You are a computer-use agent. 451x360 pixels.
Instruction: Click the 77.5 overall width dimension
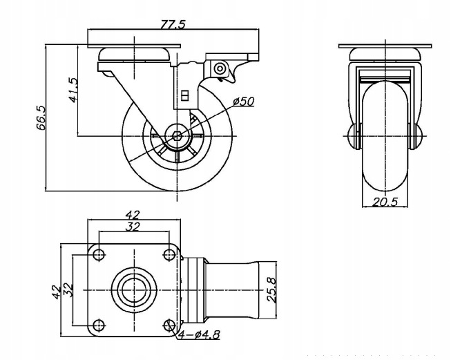coord(173,25)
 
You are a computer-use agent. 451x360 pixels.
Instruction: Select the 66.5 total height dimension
coord(41,117)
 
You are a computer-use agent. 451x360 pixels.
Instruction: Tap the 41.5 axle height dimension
coord(73,90)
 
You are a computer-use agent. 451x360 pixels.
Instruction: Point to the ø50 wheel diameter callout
coord(244,102)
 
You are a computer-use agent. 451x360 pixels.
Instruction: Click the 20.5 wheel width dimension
coord(385,202)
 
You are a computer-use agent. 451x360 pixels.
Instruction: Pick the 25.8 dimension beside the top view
coord(272,290)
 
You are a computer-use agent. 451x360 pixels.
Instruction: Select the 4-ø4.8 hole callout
coord(200,334)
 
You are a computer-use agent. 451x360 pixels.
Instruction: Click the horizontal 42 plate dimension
coord(133,215)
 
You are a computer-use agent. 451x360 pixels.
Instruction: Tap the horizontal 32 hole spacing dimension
coord(133,227)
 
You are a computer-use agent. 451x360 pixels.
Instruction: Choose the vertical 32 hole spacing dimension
coord(68,290)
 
